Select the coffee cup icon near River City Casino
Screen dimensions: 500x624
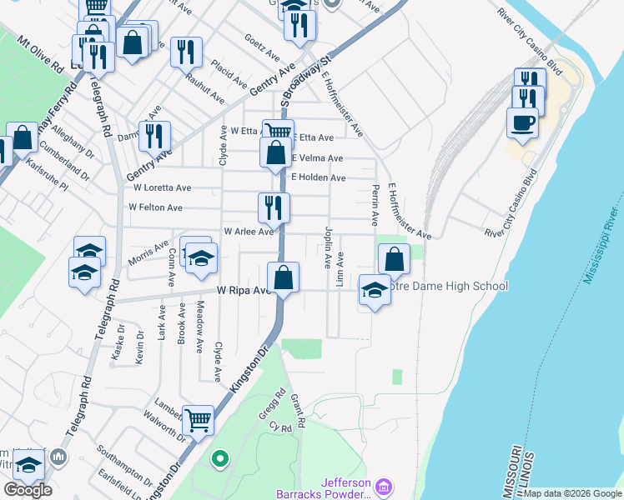[x=522, y=122]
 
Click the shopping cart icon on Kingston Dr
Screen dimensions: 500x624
[x=198, y=420]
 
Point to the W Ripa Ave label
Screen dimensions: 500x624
[x=244, y=291]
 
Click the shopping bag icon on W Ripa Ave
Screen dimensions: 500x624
[x=284, y=277]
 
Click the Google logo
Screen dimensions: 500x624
[x=27, y=490]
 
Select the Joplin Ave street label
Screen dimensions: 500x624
[x=328, y=247]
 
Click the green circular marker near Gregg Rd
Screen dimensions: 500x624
[x=219, y=457]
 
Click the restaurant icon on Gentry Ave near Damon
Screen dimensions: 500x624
[x=153, y=135]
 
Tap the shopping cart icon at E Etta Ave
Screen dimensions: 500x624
[x=278, y=132]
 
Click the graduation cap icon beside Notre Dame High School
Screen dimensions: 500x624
[x=375, y=290]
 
